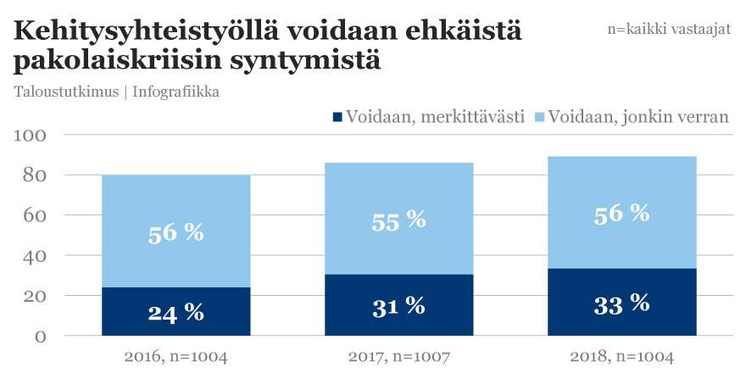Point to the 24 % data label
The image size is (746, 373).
click(x=175, y=312)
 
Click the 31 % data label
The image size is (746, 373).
click(x=398, y=306)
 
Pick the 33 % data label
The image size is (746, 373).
click(x=621, y=303)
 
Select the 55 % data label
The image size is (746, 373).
click(x=398, y=220)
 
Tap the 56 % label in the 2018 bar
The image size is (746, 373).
click(x=621, y=214)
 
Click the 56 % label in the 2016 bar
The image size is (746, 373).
click(x=175, y=232)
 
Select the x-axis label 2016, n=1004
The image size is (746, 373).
click(x=175, y=357)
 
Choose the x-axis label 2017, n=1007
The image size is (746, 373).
click(x=398, y=357)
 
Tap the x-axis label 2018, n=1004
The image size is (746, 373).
click(x=621, y=357)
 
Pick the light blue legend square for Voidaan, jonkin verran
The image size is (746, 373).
click(x=540, y=117)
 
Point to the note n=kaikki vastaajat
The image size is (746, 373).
click(x=669, y=28)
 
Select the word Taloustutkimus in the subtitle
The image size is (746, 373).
click(x=65, y=92)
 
